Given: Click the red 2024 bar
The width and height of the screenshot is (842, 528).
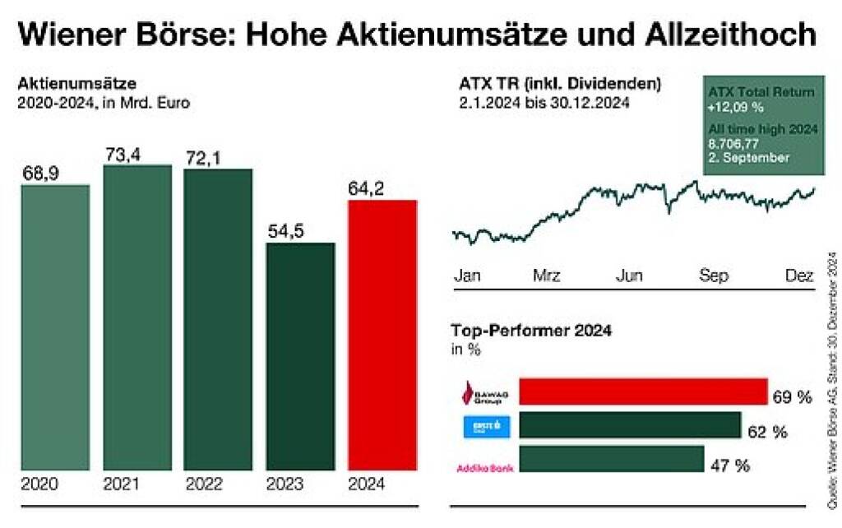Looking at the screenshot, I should [382, 335].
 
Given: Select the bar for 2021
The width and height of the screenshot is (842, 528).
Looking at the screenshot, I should [137, 317].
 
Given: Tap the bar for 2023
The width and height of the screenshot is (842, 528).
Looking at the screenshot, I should [300, 356].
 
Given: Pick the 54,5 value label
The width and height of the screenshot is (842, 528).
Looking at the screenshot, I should [285, 231].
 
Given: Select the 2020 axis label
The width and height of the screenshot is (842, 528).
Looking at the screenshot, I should [39, 484].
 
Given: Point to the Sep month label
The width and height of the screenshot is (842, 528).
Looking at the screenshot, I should [713, 276].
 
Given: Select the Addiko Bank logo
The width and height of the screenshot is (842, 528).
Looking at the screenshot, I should [483, 468].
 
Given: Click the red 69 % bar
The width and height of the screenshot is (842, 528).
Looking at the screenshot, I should [642, 392].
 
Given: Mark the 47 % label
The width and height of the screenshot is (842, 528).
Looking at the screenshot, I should [730, 465].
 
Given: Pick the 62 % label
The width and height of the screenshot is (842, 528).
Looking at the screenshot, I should [768, 432].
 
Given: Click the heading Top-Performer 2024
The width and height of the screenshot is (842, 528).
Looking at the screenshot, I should [532, 331].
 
